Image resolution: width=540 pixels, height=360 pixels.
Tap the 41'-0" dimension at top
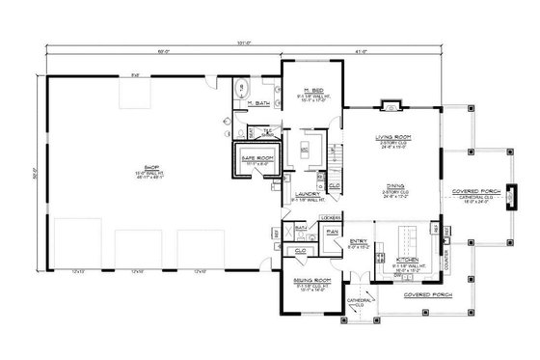361,50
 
